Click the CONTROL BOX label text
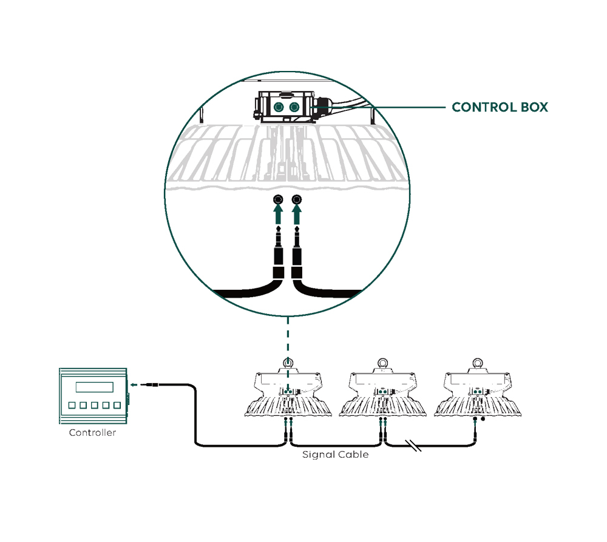click(500, 107)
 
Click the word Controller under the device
click(92, 433)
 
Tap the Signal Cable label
click(335, 454)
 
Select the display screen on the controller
click(94, 387)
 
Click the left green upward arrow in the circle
click(278, 214)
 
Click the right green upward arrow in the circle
click(297, 214)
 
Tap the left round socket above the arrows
click(278, 199)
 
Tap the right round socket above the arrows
click(297, 199)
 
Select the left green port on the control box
click(278, 107)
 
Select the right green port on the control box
click(294, 107)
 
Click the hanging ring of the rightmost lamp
click(478, 364)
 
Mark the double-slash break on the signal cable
click(415, 447)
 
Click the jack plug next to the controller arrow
click(152, 384)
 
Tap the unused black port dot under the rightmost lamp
click(483, 419)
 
